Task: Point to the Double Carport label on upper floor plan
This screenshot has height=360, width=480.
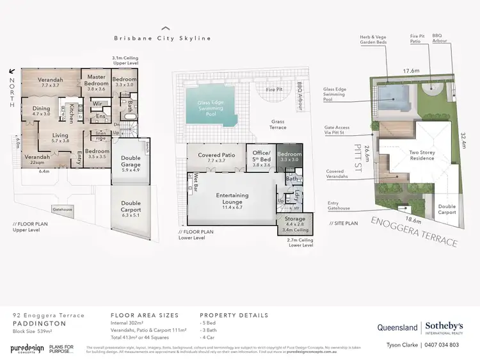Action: click(x=131, y=206)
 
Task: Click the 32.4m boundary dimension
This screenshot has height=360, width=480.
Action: click(x=463, y=138)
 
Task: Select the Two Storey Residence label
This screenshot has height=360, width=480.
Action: click(x=422, y=156)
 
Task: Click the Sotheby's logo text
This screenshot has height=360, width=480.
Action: click(x=445, y=325)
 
